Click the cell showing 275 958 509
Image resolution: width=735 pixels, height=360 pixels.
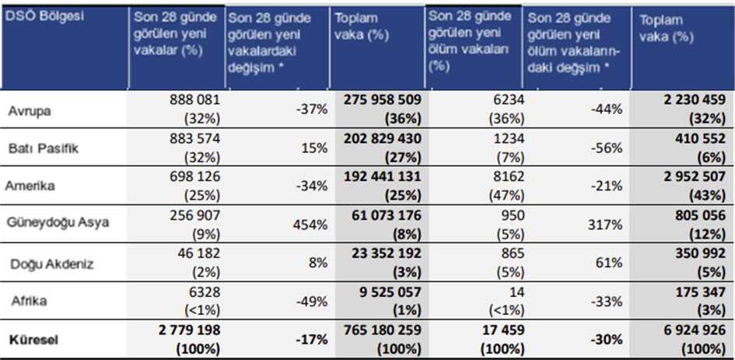[379, 100]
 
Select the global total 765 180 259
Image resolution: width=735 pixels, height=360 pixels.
[379, 330]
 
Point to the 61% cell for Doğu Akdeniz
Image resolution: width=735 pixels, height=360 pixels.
[610, 262]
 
